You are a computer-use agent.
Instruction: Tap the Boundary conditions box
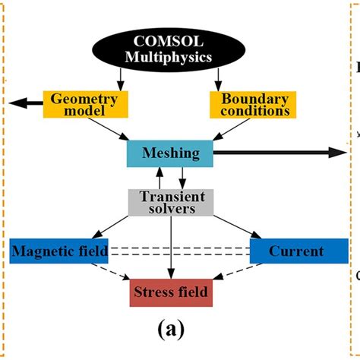tap(255, 103)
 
